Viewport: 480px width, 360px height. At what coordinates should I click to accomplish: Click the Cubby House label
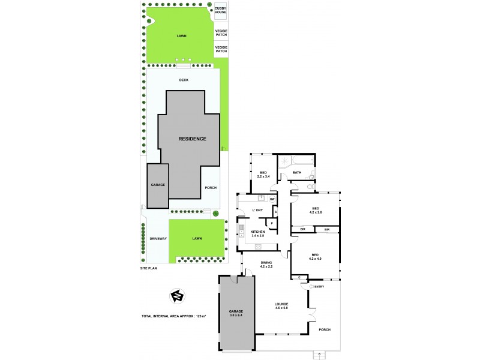click(x=221, y=10)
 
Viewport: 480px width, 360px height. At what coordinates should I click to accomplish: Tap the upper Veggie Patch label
click(x=221, y=32)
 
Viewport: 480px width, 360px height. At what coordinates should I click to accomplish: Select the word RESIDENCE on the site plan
click(x=192, y=139)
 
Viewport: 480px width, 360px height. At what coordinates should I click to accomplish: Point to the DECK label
click(x=184, y=80)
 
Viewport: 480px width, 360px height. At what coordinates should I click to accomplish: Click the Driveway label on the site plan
click(x=158, y=239)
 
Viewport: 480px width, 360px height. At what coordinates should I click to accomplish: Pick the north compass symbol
click(x=177, y=295)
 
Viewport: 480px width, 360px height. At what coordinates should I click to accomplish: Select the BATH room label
click(x=297, y=173)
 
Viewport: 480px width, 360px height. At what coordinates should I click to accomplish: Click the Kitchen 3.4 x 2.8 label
click(x=257, y=233)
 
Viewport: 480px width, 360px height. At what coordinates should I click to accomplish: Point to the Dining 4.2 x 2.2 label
click(x=266, y=264)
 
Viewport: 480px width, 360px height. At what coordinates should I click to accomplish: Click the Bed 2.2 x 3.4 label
click(x=263, y=175)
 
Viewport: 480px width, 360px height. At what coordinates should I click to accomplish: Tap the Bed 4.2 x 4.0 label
click(x=316, y=256)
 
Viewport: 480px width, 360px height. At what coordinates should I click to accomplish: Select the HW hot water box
click(x=272, y=199)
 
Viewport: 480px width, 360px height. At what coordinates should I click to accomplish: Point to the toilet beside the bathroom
click(x=308, y=187)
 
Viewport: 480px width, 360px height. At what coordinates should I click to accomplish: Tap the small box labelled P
click(x=272, y=223)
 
